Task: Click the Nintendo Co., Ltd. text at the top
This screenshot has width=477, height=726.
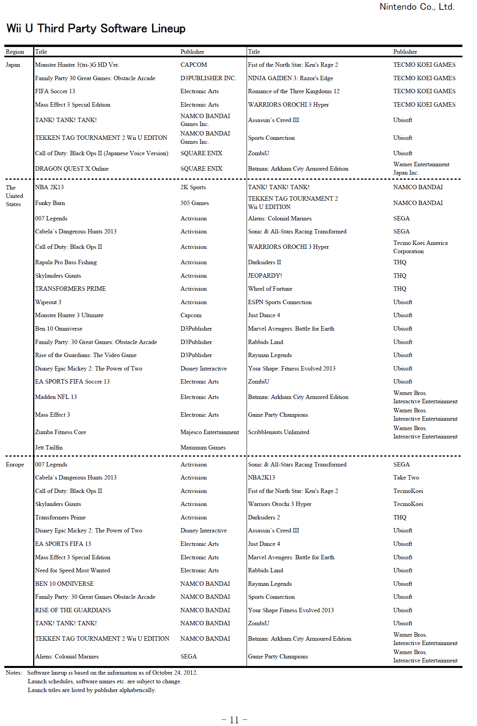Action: [417, 7]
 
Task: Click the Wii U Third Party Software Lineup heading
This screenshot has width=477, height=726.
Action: [96, 28]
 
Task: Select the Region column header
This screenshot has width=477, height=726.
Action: [15, 52]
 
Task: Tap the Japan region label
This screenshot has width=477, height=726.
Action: [13, 65]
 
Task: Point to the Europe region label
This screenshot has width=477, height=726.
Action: [15, 465]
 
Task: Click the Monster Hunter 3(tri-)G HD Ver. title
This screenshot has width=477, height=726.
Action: [77, 65]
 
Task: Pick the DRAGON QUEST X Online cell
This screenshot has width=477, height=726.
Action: [72, 169]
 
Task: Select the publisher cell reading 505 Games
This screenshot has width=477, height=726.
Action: [195, 203]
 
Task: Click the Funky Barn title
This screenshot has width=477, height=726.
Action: [50, 203]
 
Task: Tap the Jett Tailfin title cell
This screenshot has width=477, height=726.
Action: [49, 448]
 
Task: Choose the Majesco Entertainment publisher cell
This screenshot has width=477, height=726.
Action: [210, 432]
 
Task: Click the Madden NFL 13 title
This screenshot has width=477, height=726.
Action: [56, 397]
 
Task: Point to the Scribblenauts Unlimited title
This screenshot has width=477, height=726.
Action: [279, 432]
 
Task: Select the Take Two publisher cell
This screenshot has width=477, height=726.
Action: [406, 478]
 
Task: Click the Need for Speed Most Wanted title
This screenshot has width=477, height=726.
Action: [73, 570]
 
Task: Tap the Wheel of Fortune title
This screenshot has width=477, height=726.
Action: [270, 289]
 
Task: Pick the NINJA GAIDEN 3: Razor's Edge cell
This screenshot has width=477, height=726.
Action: [290, 78]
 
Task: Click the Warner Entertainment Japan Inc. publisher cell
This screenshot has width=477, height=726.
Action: [421, 168]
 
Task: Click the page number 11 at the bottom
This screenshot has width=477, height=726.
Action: [234, 720]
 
